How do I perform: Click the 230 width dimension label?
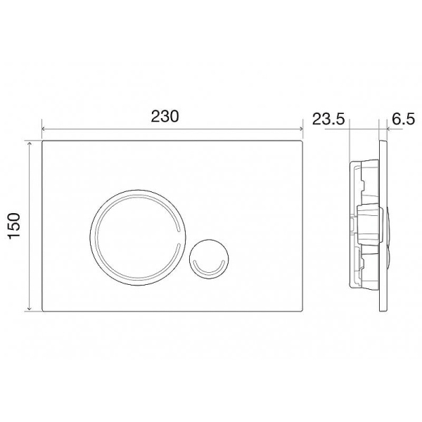(165, 117)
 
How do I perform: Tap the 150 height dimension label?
(14, 226)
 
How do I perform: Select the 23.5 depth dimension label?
(328, 119)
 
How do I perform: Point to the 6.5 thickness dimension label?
(404, 119)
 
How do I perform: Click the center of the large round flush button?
(138, 238)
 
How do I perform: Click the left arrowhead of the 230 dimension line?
(44, 129)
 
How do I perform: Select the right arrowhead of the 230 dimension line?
(301, 129)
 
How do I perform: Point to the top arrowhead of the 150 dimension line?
(30, 143)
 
